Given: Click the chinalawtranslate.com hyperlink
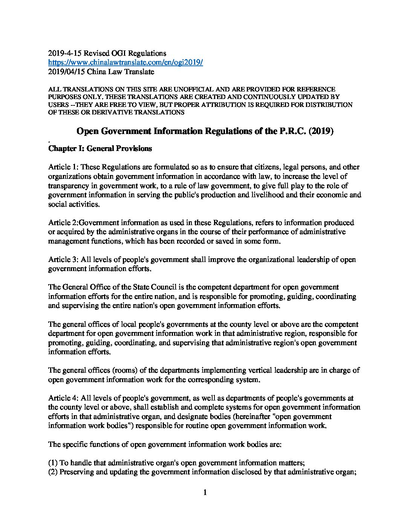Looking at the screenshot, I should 125,62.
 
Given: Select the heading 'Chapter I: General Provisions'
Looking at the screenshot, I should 100,148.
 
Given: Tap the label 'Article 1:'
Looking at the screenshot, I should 64,167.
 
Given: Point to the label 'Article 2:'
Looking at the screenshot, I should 64,223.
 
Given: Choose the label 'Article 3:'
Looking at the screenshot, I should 64,260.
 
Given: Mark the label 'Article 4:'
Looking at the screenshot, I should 64,398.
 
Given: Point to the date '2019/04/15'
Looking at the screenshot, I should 65,71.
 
